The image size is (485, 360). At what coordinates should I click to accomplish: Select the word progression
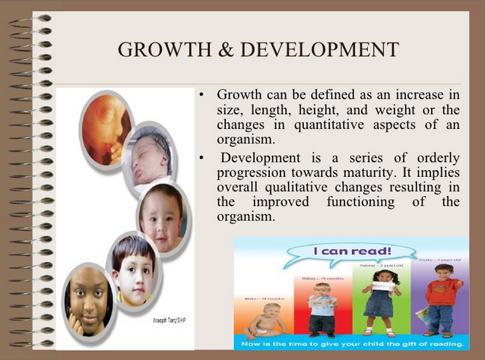click(x=249, y=172)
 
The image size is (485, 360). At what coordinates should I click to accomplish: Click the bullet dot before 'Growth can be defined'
click(x=201, y=95)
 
